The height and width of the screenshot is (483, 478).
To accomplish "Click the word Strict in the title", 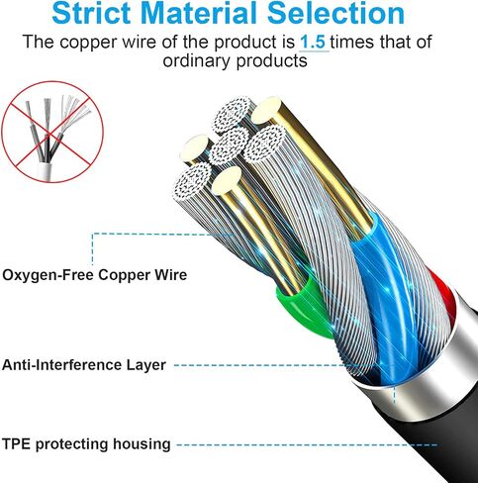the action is click(91, 13).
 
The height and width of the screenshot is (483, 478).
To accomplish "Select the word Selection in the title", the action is click(335, 13).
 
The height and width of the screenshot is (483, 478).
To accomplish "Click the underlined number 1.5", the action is click(314, 43).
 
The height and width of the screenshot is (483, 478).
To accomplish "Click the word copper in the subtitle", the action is click(88, 43).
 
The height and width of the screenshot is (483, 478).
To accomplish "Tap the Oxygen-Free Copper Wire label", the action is click(94, 275).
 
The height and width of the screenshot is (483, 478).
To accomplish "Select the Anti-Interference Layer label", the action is click(84, 365).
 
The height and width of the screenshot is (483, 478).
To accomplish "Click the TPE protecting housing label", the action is click(86, 444).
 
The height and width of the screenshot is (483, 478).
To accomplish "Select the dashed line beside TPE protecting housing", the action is click(307, 444).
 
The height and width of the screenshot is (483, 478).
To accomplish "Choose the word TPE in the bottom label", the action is click(16, 443).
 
